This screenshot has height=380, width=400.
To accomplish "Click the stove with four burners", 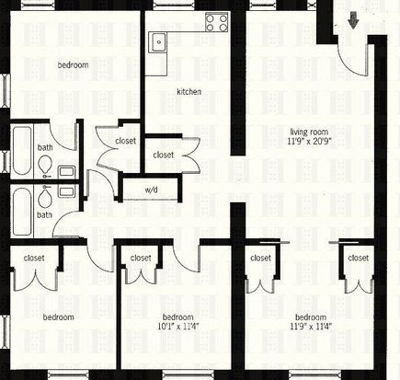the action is pyautogui.click(x=217, y=23).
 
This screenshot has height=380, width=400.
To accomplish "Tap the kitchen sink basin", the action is pyautogui.click(x=158, y=42).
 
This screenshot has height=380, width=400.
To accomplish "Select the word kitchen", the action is pyautogui.click(x=189, y=92).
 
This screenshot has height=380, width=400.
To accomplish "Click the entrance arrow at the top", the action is pyautogui.click(x=353, y=20).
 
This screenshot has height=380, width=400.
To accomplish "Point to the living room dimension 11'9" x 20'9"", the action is pyautogui.click(x=310, y=142).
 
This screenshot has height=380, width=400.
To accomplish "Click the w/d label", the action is pyautogui.click(x=151, y=190).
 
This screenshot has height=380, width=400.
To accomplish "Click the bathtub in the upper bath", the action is pyautogui.click(x=22, y=151).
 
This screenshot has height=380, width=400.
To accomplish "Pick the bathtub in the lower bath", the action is pyautogui.click(x=22, y=212).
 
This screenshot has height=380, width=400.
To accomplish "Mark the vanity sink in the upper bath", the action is pyautogui.click(x=66, y=171).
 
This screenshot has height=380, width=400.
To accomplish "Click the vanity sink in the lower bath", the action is pyautogui.click(x=66, y=191).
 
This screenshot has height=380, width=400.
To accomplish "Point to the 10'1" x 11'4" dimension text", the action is pyautogui.click(x=178, y=327).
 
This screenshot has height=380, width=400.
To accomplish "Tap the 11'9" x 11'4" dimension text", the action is pyautogui.click(x=311, y=327).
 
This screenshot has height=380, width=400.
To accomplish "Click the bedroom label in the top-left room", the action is pyautogui.click(x=73, y=65).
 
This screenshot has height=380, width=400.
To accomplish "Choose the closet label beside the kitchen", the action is pyautogui.click(x=164, y=155).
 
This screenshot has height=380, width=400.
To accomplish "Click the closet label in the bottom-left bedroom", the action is pyautogui.click(x=34, y=259).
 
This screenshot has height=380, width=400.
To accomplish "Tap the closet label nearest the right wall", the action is pyautogui.click(x=359, y=259).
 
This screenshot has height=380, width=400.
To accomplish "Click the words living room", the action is pyautogui.click(x=309, y=132).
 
